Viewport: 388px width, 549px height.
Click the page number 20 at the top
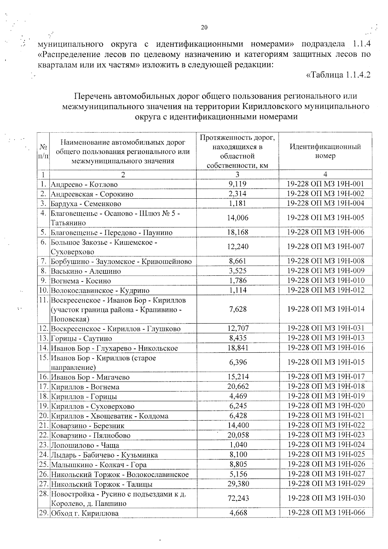(x=204, y=27)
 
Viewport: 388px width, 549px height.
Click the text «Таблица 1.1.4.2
(x=338, y=75)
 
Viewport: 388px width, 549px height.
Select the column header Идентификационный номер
(x=325, y=151)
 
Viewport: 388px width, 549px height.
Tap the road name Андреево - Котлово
(x=84, y=185)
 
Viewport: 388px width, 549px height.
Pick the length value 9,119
(x=238, y=184)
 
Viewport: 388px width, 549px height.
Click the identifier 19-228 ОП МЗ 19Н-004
(x=326, y=203)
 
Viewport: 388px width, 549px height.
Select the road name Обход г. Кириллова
(x=85, y=513)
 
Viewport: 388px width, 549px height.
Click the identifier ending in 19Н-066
(x=326, y=512)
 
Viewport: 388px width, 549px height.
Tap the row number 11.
(x=43, y=300)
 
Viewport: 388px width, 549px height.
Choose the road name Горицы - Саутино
(x=81, y=339)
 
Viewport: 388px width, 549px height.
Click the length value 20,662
(x=238, y=386)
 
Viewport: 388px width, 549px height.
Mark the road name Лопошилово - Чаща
(x=85, y=445)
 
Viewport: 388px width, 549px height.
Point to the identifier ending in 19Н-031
(x=326, y=328)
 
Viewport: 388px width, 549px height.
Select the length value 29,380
(x=238, y=483)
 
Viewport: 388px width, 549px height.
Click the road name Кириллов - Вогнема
(x=85, y=387)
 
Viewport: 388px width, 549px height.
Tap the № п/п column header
(x=43, y=151)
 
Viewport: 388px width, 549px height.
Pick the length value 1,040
(x=238, y=445)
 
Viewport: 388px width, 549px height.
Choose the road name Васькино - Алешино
(x=86, y=271)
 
